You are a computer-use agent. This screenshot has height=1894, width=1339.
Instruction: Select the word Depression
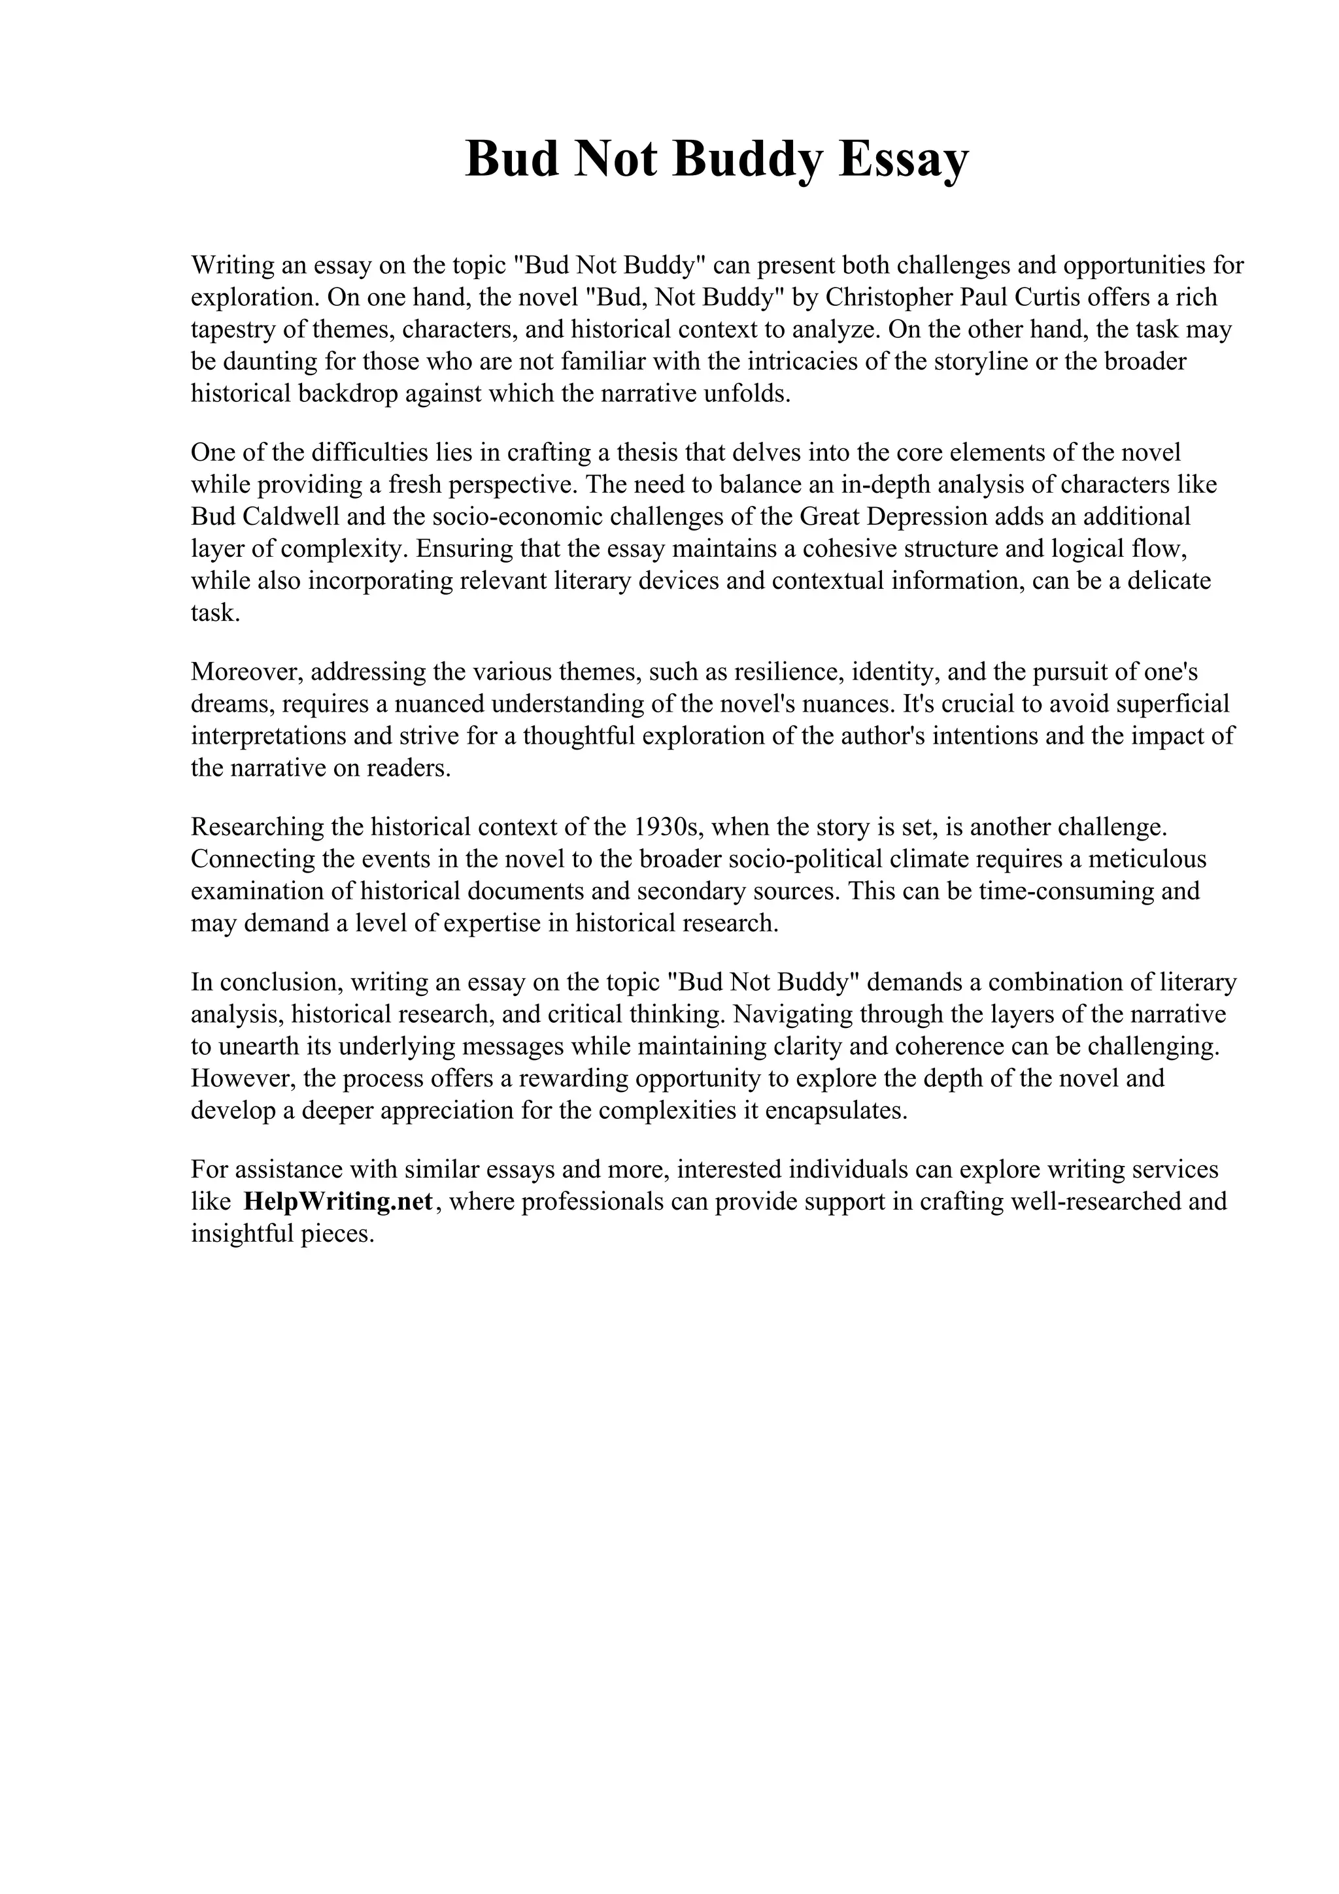tap(926, 516)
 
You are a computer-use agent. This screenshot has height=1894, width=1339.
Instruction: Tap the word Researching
tap(256, 827)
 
